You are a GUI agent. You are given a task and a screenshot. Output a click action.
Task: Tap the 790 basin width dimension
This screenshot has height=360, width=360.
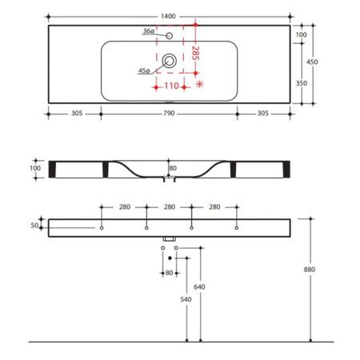[170, 114]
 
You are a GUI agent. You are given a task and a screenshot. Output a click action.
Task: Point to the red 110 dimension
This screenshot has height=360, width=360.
[170, 85]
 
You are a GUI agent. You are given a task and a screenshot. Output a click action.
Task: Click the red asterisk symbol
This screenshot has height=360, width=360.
[200, 84]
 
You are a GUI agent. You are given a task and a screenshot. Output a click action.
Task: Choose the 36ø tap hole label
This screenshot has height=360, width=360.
[148, 30]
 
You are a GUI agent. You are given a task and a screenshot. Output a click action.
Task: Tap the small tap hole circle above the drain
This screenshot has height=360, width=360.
[170, 36]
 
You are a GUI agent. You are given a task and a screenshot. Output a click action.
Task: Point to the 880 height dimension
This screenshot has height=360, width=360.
[310, 270]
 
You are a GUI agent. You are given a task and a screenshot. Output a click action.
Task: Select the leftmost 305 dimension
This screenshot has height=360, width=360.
[76, 114]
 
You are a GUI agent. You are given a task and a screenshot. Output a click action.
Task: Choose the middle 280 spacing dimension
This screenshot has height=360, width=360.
[170, 207]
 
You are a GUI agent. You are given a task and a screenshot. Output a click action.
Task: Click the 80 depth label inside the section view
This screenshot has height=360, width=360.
[172, 168]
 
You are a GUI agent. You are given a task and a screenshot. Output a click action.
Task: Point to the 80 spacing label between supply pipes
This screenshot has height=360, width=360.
[169, 273]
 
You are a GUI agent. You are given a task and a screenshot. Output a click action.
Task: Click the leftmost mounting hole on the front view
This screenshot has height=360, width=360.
[102, 228]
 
